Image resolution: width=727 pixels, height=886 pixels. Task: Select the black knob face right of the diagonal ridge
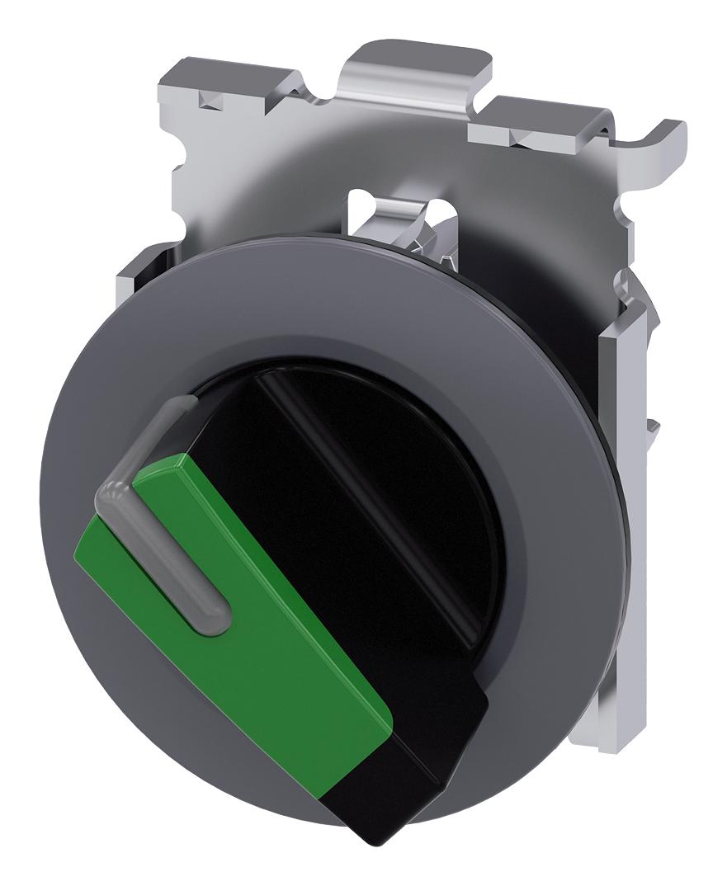pyautogui.click(x=429, y=462)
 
